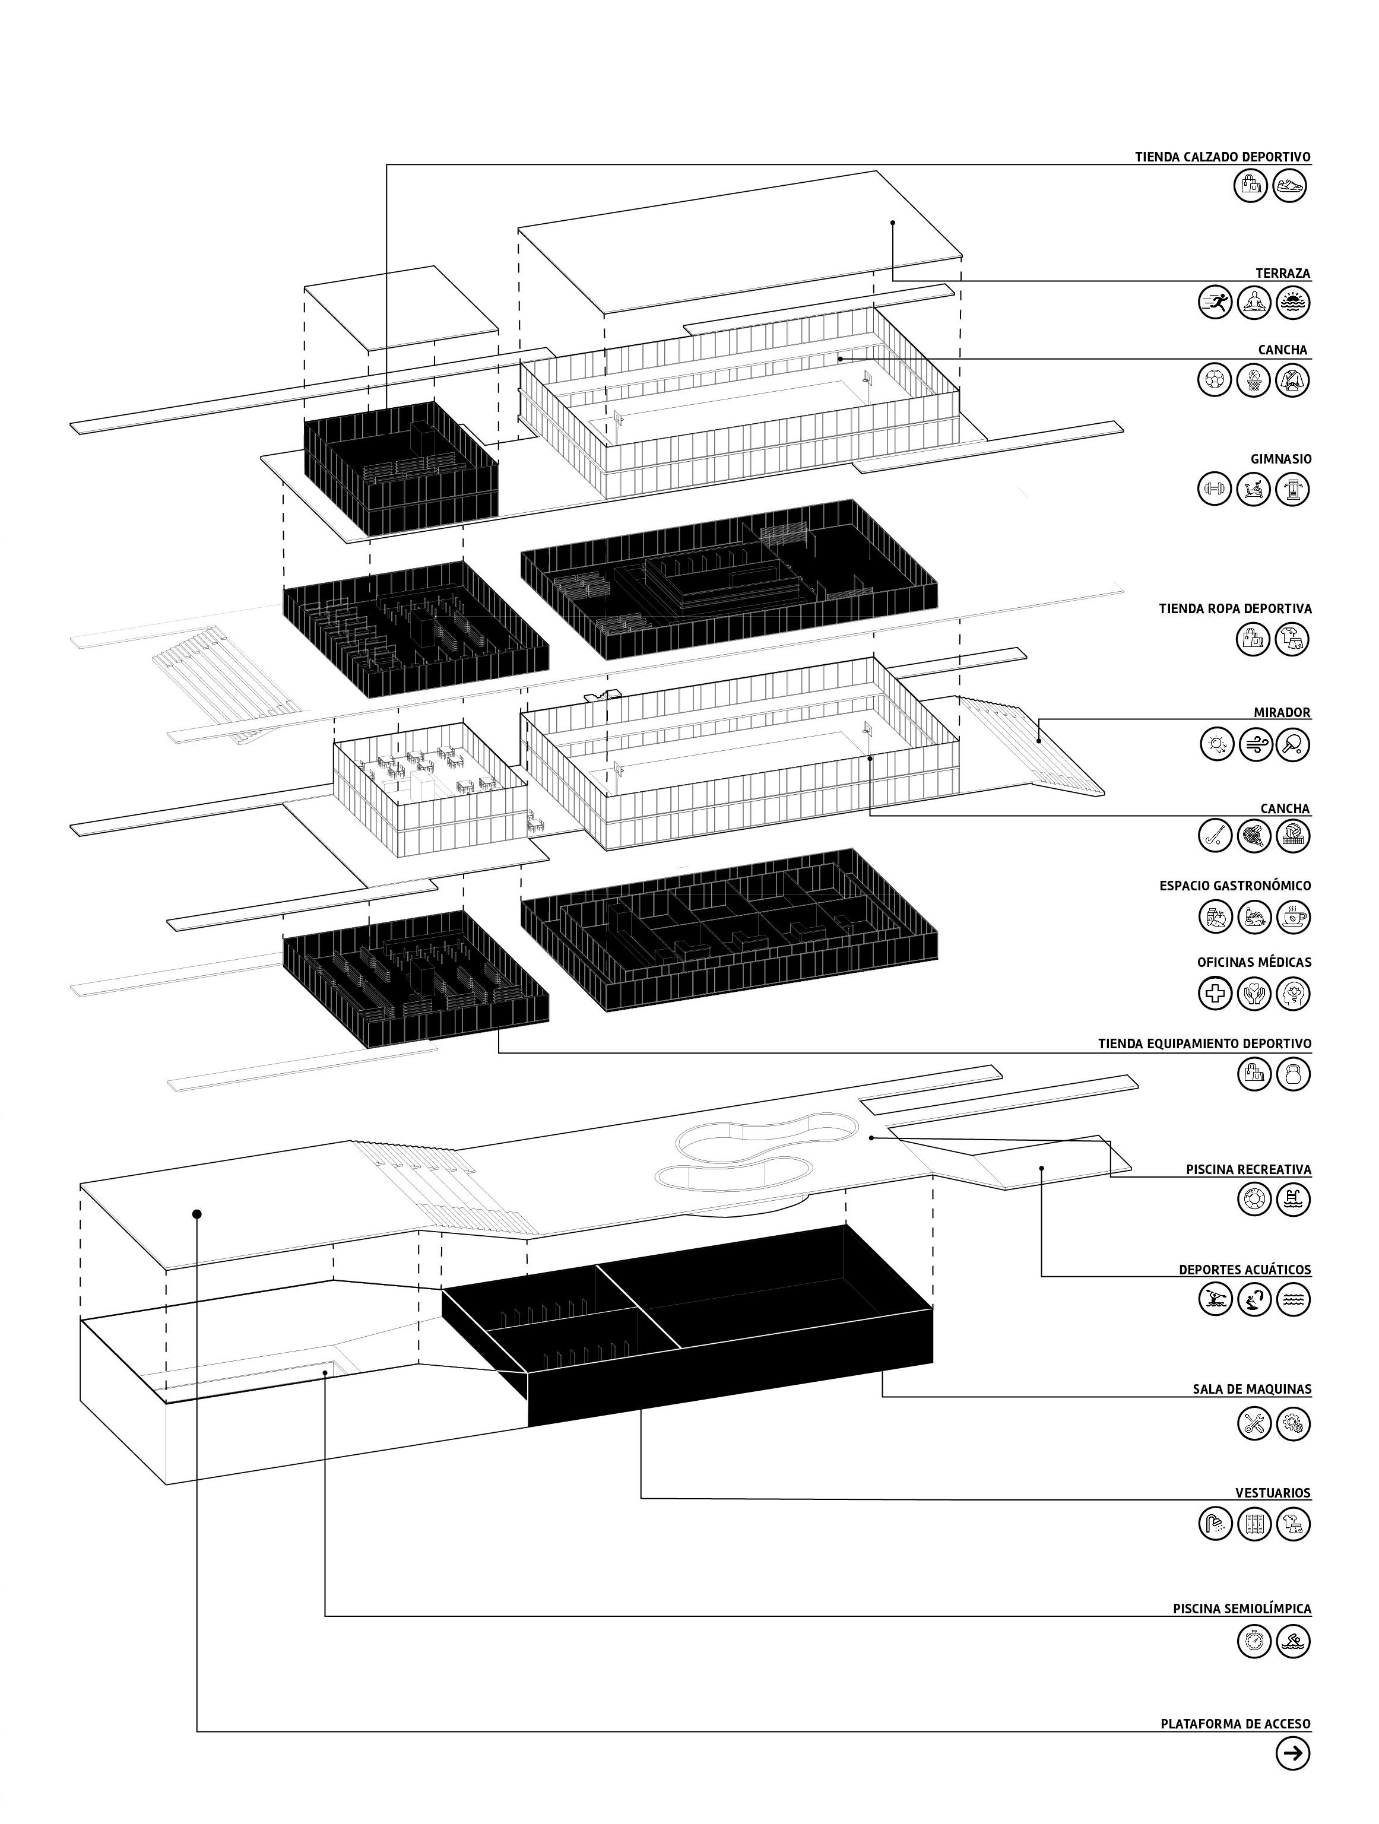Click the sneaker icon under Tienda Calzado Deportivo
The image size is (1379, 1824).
[x=1291, y=186]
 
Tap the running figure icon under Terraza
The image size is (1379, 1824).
[x=1215, y=303]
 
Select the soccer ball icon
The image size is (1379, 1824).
[x=1215, y=379]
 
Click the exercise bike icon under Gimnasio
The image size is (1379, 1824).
[x=1254, y=489]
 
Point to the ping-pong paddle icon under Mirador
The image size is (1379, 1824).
[x=1292, y=744]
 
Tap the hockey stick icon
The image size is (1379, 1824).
[x=1215, y=836]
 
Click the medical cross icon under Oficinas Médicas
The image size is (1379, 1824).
[x=1215, y=993]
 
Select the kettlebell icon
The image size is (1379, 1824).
[x=1292, y=1074]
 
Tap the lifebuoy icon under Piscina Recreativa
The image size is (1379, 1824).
[x=1254, y=1199]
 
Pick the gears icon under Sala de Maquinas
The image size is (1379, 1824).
[x=1292, y=1423]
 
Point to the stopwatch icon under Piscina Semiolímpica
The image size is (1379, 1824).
[x=1254, y=1641]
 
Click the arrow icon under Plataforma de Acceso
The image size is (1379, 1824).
[x=1292, y=1756]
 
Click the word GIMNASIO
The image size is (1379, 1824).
[x=1281, y=459]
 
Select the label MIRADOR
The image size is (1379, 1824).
[x=1282, y=712]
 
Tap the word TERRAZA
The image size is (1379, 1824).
[x=1282, y=273]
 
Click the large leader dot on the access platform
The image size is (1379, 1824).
[x=197, y=1214]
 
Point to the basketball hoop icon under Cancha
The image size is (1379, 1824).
[x=1254, y=379]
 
